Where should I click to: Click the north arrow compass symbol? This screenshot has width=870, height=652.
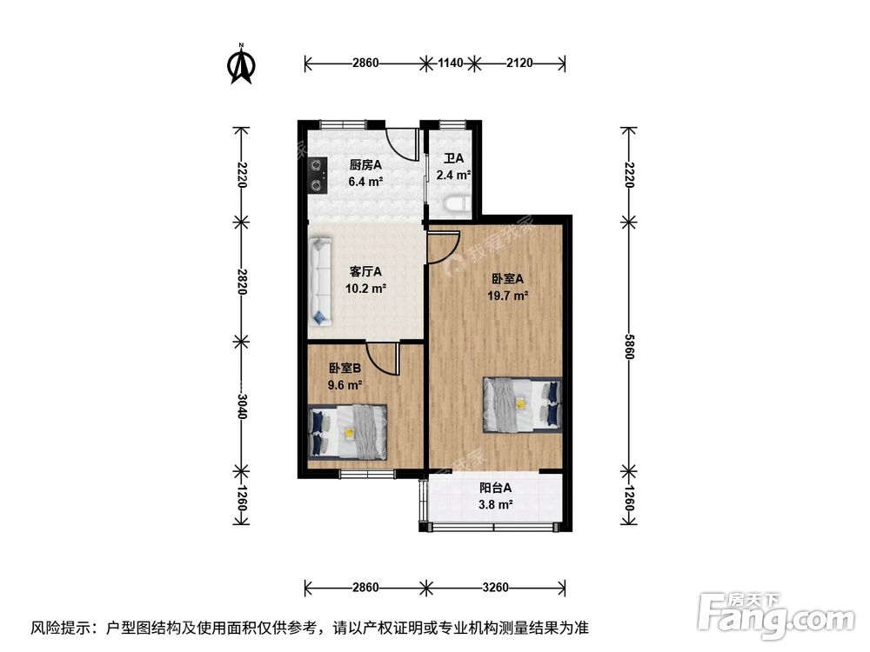pos(241,64)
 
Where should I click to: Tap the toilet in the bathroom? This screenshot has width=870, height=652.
pos(457,204)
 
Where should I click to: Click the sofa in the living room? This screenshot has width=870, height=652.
pos(320,282)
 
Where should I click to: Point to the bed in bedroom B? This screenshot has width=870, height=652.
pos(347,432)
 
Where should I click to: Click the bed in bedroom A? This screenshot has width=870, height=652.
pos(522,405)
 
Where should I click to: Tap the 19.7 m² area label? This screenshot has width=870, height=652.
pos(507,296)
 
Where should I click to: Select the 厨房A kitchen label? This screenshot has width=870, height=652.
pos(365,164)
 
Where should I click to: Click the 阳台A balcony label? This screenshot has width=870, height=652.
pos(496,488)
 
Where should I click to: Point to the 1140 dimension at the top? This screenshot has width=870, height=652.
pos(450,63)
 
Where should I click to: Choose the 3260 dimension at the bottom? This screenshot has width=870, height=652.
pos(496,587)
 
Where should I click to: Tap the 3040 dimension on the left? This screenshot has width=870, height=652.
pos(241,406)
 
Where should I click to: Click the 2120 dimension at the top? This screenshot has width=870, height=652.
pos(519,63)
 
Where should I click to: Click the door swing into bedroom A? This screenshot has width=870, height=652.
pos(444,248)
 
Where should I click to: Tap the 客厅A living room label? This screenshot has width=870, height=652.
pos(365,271)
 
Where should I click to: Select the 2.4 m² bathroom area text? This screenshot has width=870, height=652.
pos(453,176)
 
